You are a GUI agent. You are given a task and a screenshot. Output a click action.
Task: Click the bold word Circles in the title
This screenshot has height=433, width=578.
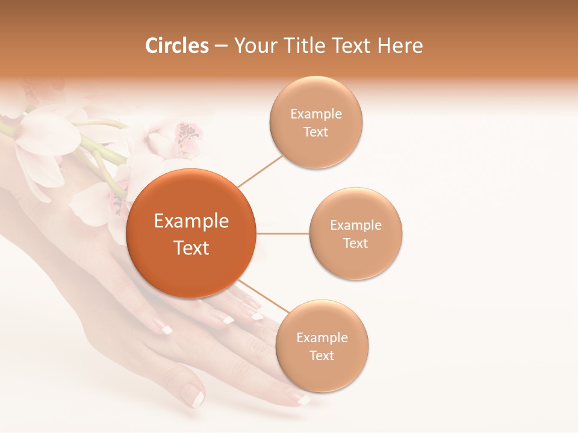(176, 46)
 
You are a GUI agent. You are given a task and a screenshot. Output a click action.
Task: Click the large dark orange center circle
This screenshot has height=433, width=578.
(191, 233)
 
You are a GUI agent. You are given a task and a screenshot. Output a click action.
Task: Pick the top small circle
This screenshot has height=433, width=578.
(316, 122)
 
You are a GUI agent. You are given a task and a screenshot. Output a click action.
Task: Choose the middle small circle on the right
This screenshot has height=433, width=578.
(356, 233)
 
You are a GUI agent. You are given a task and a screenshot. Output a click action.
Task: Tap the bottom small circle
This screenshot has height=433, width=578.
(322, 346)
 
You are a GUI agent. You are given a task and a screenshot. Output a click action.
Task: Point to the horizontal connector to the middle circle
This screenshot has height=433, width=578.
(283, 233)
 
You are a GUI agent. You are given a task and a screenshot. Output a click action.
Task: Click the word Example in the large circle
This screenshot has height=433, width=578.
(191, 221)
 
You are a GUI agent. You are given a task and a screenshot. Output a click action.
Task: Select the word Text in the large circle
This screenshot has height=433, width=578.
(191, 248)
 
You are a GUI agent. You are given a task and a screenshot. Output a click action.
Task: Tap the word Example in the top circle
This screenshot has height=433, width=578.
(316, 114)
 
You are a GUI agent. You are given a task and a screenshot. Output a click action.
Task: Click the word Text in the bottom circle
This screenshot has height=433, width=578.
(322, 355)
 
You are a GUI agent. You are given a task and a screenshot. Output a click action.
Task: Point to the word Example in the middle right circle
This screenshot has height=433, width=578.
(356, 226)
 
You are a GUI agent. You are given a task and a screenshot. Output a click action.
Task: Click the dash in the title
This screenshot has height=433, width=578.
(221, 46)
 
